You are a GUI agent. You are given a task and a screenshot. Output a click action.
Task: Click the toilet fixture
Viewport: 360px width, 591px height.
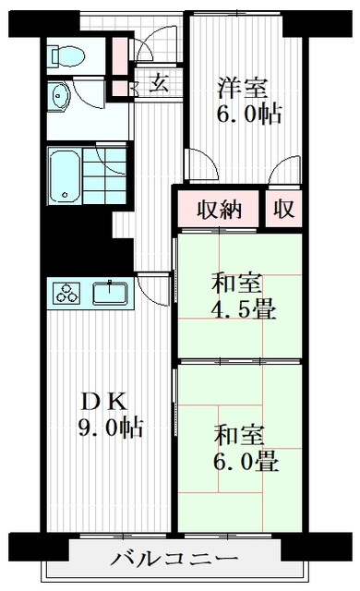pos(67,55)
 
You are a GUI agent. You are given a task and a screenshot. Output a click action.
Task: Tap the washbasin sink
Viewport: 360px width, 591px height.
pos(59,96)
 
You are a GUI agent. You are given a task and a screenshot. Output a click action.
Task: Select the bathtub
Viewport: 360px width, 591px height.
pos(64,176)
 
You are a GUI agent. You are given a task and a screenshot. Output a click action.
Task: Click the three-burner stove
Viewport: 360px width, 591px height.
pos(67,293)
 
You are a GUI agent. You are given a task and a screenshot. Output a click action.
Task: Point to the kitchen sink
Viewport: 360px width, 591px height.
pos(110,293)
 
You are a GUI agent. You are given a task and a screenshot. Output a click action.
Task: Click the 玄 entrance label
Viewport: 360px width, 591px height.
pos(159,83)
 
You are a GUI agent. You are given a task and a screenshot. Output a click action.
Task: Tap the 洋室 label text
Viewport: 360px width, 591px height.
pos(243,89)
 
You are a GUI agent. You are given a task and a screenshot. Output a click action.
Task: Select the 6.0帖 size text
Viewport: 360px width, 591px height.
pos(249,115)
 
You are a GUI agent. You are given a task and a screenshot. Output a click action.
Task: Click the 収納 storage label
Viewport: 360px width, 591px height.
pos(219,210)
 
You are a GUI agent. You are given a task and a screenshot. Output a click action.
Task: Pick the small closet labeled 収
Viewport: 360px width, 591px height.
pos(284,210)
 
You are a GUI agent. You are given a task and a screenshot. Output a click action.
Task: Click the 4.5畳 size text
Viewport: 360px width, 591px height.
pos(244,310)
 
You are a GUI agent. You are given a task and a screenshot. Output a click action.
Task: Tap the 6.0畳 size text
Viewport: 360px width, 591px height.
pos(246,462)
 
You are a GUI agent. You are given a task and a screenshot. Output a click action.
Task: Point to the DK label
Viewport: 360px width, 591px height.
pos(104,402)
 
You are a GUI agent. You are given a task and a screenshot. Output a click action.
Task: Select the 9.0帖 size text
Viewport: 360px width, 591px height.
pos(111,428)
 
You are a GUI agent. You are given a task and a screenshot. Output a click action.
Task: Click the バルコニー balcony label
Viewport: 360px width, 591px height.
pos(174,559)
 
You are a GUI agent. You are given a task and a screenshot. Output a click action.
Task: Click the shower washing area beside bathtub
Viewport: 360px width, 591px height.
pos(104,176)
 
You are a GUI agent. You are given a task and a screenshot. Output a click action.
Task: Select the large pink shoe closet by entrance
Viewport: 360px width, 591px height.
pos(121,55)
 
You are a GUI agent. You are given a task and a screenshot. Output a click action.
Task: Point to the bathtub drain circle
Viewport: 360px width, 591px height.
pos(66,195)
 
